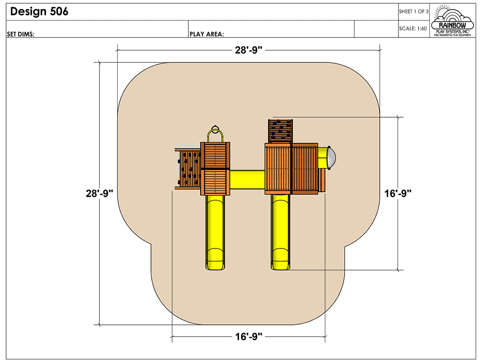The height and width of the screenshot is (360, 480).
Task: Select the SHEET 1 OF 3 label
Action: (x=413, y=12)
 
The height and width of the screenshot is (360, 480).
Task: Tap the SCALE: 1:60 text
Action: (x=413, y=29)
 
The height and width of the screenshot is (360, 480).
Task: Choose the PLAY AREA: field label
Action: (x=207, y=34)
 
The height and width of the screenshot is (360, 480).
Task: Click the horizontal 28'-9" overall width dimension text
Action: (x=248, y=51)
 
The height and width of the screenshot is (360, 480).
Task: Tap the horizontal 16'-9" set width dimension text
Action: (x=248, y=336)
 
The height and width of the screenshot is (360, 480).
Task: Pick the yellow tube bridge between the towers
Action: (x=247, y=179)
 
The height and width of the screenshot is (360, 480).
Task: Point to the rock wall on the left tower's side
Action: (x=188, y=169)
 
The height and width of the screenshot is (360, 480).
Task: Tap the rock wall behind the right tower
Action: (x=280, y=130)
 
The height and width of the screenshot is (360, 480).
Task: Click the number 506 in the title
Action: (x=59, y=12)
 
